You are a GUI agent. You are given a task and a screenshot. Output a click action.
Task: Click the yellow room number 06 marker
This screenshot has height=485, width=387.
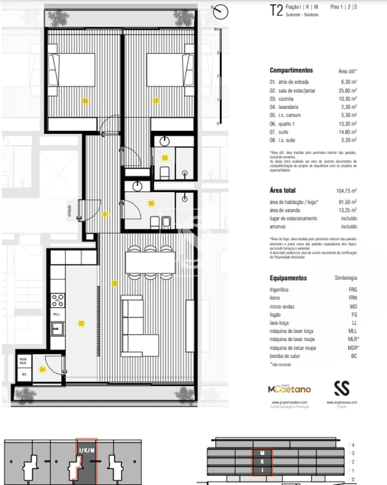pyautogui.click(x=85, y=101)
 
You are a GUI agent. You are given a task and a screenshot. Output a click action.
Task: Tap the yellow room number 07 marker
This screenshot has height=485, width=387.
pyautogui.click(x=157, y=101)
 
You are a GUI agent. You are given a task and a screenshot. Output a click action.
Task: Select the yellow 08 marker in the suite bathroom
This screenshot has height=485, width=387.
pyautogui.click(x=165, y=158)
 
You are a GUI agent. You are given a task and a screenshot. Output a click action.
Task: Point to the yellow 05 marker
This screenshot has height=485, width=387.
pyautogui.click(x=151, y=204)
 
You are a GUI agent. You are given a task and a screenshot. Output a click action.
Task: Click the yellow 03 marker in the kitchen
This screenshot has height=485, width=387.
pyautogui.click(x=81, y=323)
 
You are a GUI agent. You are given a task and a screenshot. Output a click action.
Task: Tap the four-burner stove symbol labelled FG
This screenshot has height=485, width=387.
pyautogui.click(x=58, y=300)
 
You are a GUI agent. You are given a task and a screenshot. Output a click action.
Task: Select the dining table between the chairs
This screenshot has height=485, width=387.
pyautogui.click(x=150, y=262)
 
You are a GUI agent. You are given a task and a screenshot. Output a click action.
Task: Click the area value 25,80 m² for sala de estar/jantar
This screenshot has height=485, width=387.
pyautogui.click(x=347, y=90)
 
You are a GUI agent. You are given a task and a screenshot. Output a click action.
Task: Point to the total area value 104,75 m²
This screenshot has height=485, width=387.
pyautogui.click(x=346, y=191)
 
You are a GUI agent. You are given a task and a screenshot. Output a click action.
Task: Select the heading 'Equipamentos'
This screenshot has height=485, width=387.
pyautogui.click(x=288, y=278)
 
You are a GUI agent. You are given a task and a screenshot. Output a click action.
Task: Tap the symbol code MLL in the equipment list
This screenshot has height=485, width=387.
pyautogui.click(x=353, y=331)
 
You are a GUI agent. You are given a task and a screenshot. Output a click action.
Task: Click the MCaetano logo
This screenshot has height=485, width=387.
pyautogui.click(x=289, y=390)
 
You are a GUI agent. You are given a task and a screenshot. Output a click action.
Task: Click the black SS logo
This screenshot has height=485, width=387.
pyautogui.click(x=342, y=388)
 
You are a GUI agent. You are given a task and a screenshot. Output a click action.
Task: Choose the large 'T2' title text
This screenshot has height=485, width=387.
pyautogui.click(x=276, y=10)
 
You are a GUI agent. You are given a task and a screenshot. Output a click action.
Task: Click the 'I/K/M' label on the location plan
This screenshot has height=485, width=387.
pyautogui.click(x=86, y=450)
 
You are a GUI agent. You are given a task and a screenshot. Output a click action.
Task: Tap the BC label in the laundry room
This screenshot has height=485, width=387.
pyautogui.click(x=24, y=374)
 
